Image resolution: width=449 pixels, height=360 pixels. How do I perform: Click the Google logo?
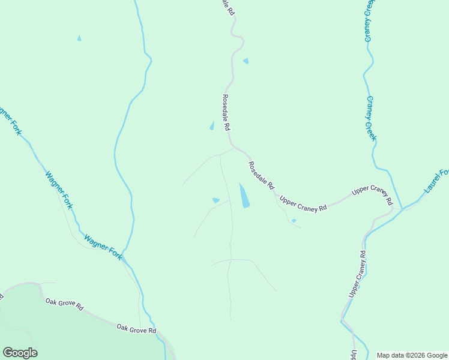[x=20, y=353]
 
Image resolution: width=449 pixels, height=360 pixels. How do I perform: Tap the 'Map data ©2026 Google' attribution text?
[x=412, y=355]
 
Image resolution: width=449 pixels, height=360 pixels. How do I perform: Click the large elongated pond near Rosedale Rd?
[x=244, y=196]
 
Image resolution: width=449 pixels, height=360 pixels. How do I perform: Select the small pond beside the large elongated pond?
[x=216, y=200]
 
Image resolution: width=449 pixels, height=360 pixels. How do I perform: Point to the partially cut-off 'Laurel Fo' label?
[x=436, y=181]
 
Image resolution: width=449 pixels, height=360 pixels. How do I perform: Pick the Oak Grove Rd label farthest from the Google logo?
[x=136, y=329]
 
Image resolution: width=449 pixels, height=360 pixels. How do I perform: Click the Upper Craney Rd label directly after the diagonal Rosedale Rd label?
[x=304, y=203]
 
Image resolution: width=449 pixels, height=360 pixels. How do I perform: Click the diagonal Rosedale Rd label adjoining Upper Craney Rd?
[x=261, y=176]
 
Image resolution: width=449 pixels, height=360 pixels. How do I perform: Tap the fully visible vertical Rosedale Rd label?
[x=226, y=113]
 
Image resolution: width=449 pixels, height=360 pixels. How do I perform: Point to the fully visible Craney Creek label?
[x=371, y=118]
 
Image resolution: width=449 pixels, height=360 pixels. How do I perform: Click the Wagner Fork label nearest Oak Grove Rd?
[x=103, y=247]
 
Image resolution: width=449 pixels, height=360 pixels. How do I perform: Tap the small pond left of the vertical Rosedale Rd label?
[x=211, y=126]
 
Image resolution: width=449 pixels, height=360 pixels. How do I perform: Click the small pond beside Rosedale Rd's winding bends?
[x=246, y=61]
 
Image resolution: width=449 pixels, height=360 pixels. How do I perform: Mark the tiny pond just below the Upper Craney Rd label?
[x=294, y=221]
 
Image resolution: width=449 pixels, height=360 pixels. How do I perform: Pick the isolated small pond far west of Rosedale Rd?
[x=79, y=38]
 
